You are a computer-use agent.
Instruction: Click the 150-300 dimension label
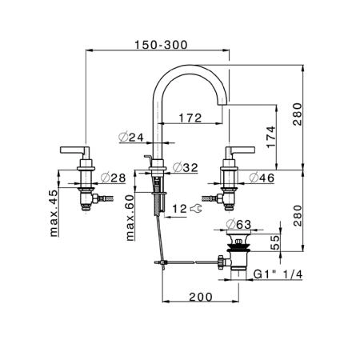(161, 45)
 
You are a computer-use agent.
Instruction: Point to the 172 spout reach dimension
(190, 118)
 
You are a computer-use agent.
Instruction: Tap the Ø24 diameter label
(131, 137)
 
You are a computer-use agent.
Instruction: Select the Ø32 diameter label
(186, 167)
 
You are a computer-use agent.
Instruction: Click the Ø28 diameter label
(114, 178)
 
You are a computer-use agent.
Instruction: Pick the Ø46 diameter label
(262, 178)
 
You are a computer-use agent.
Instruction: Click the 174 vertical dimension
(270, 137)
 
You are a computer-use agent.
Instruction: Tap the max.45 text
(54, 213)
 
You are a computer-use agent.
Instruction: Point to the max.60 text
(130, 218)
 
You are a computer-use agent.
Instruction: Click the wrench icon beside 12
(196, 208)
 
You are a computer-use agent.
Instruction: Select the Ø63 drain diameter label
(238, 225)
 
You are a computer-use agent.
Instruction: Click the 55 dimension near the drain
(275, 242)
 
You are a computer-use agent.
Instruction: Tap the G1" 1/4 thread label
(278, 274)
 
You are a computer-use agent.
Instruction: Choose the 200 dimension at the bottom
(201, 297)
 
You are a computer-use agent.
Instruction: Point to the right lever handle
(240, 151)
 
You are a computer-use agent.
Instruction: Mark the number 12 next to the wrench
(179, 209)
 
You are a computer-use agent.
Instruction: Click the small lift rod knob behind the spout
(147, 157)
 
